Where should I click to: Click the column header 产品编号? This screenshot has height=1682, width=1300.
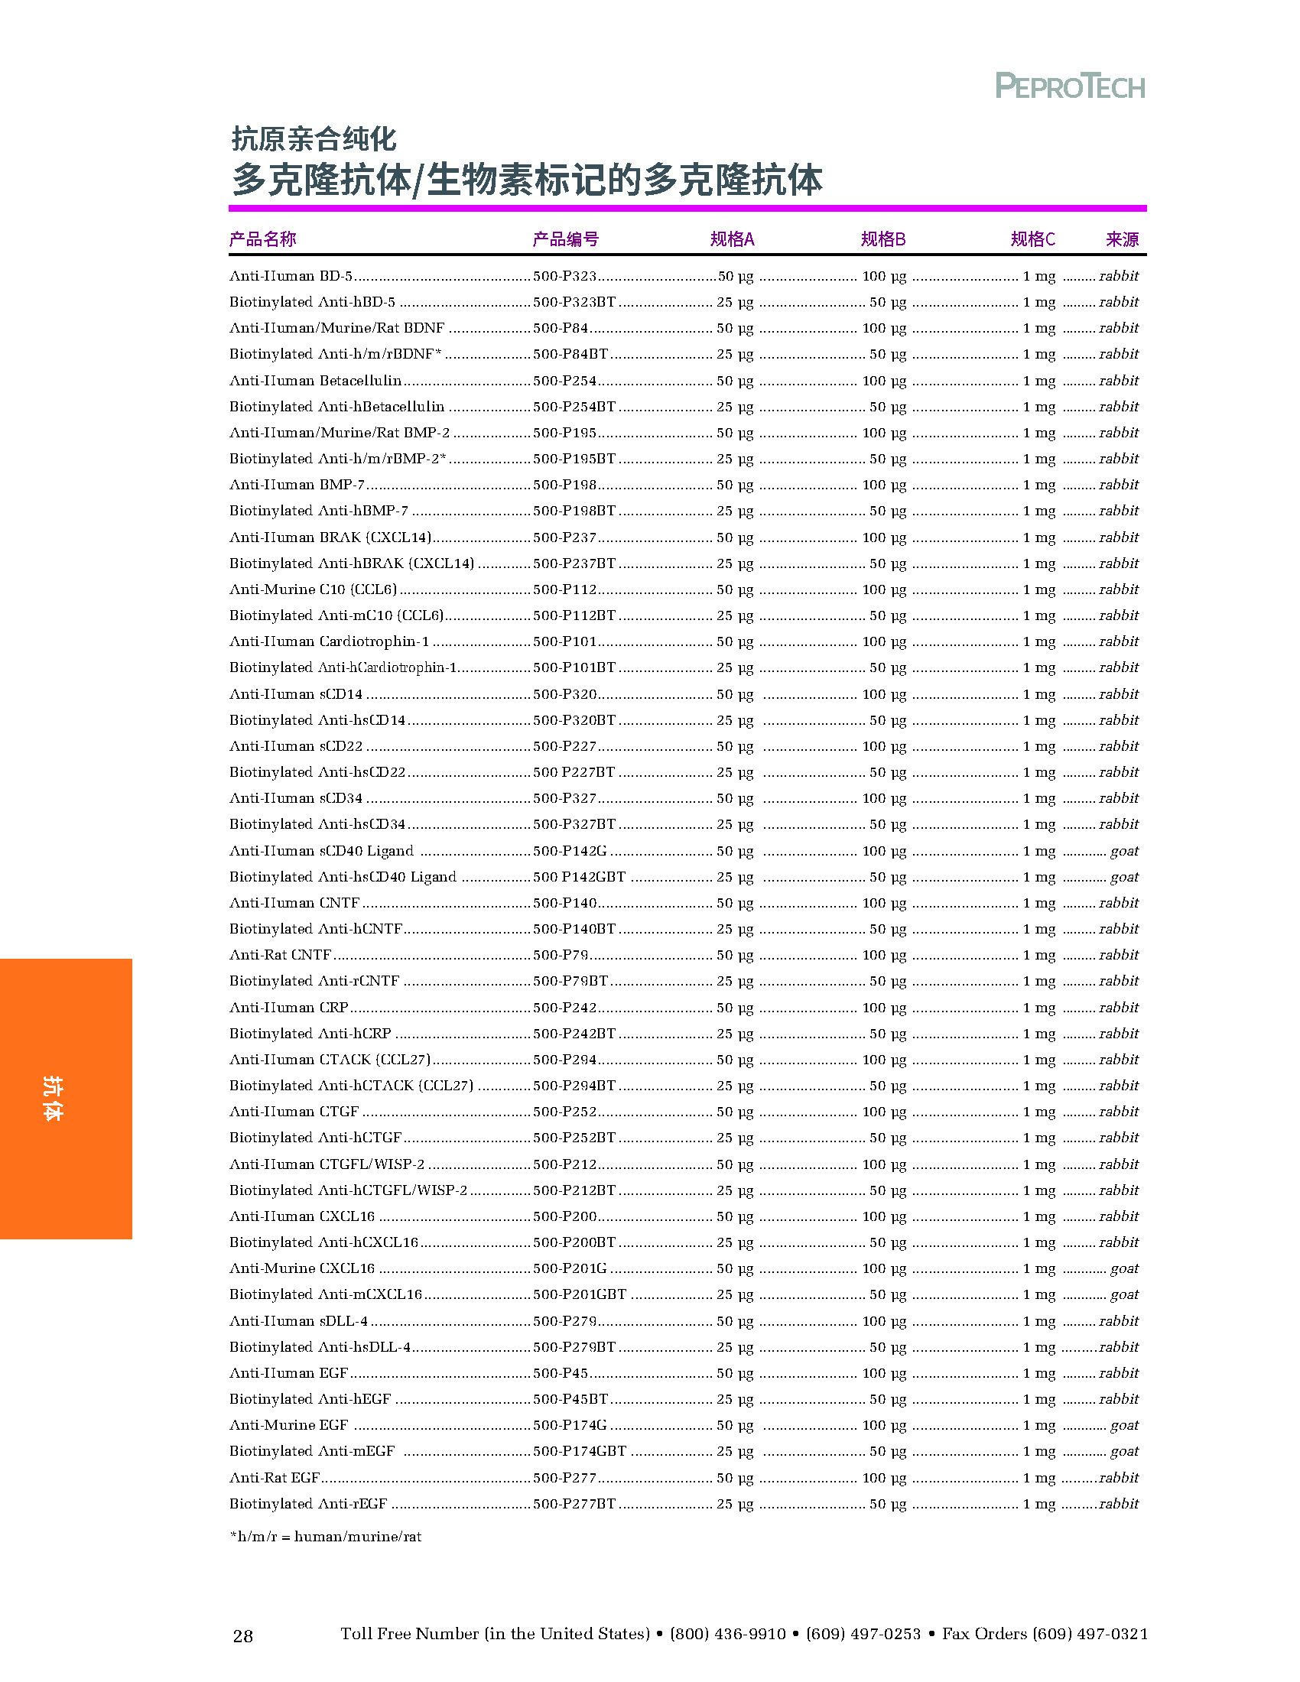tap(565, 239)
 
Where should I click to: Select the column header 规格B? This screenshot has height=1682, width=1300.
tap(882, 239)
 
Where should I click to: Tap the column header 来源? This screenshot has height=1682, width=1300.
tap(1121, 239)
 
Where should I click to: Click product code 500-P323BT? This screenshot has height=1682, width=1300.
tap(574, 302)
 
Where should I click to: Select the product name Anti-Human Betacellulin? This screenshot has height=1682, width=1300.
tap(316, 381)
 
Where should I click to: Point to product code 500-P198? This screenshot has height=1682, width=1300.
tap(564, 485)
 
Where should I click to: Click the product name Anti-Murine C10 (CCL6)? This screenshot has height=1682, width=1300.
tap(314, 589)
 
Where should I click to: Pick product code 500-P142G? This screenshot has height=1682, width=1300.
tap(570, 851)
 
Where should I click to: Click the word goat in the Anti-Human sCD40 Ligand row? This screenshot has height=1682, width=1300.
tap(1123, 851)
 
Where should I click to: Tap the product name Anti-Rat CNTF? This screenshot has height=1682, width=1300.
tap(281, 955)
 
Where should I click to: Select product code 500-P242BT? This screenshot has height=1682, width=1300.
tap(574, 1034)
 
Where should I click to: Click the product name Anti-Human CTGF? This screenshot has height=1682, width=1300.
tap(294, 1112)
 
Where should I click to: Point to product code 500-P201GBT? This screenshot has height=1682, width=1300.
tap(579, 1294)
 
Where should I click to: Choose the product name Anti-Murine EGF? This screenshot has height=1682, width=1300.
tap(289, 1425)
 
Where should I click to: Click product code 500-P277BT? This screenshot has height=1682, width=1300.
tap(574, 1503)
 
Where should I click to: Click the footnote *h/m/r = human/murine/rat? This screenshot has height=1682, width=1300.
tap(326, 1537)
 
